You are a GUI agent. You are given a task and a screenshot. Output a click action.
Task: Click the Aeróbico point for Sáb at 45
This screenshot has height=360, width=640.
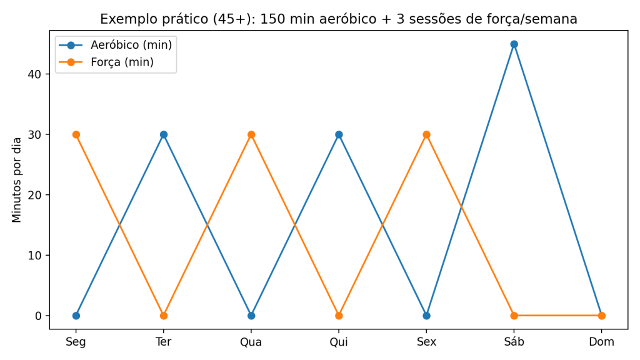[514, 44]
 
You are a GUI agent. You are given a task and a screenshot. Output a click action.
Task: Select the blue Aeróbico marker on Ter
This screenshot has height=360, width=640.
[164, 134]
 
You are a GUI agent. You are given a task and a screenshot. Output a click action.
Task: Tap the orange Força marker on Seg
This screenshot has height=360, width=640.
[76, 134]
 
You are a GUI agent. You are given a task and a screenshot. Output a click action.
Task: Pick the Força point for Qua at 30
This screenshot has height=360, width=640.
[251, 134]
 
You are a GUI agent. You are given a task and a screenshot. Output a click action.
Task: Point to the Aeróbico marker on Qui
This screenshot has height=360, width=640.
[339, 134]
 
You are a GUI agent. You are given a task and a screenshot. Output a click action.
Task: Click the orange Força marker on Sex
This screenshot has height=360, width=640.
[426, 134]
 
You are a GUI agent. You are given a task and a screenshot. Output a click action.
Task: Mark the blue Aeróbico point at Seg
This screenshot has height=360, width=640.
[76, 316]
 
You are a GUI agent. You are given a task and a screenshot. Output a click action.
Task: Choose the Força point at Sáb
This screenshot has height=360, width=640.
[514, 316]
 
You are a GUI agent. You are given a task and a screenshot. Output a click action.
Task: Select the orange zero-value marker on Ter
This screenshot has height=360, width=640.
[164, 316]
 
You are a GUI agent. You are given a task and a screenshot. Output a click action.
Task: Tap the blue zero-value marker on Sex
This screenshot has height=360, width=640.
[426, 316]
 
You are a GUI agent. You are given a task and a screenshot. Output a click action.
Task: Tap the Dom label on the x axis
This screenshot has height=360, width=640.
[601, 342]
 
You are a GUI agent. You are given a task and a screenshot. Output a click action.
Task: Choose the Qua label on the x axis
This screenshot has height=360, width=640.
[251, 342]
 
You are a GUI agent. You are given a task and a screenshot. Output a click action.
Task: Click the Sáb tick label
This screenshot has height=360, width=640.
[514, 342]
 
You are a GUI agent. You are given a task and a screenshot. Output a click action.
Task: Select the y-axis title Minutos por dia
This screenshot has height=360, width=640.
[17, 180]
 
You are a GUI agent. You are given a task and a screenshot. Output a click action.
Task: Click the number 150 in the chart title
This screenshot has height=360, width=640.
[271, 19]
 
